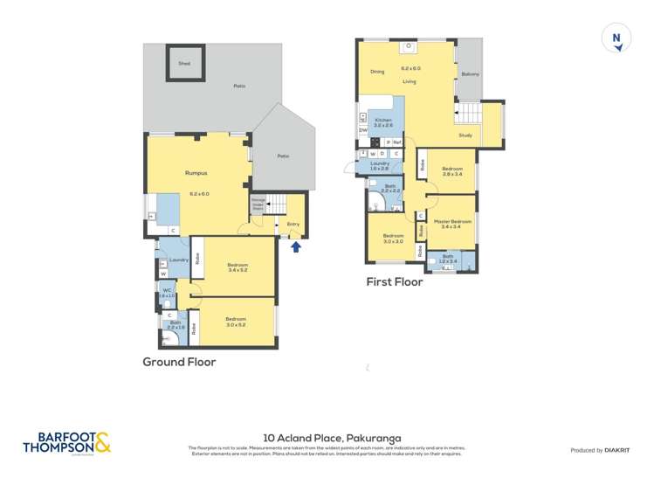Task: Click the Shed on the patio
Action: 184,64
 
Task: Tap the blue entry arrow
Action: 295,247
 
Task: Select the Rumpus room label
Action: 196,173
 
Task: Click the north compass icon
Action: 616,40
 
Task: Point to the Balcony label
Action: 469,73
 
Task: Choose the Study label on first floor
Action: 465,135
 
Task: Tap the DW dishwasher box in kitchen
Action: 362,130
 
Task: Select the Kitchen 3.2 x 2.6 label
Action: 383,123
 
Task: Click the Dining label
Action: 376,72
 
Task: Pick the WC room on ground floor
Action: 166,293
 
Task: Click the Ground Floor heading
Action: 179,361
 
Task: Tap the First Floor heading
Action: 395,281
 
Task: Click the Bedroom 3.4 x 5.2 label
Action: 238,267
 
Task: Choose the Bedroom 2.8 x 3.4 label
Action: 451,171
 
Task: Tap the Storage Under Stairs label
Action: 258,204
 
